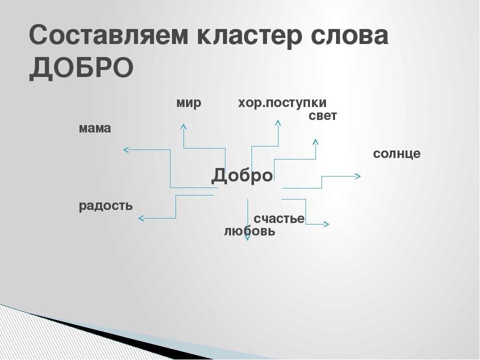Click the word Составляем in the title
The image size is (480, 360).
108,34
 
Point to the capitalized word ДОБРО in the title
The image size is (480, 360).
81,68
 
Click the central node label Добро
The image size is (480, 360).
242,175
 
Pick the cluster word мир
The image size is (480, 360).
188,103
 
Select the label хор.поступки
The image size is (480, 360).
282,103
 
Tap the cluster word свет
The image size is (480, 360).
322,116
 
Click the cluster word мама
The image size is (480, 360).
95,128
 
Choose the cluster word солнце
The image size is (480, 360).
396,153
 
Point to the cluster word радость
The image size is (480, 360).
105,206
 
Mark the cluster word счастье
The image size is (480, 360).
279,218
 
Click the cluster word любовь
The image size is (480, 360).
250,231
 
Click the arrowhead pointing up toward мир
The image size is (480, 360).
183,126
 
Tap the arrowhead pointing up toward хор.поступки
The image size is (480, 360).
278,122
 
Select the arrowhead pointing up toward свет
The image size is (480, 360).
315,141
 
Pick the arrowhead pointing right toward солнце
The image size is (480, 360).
358,176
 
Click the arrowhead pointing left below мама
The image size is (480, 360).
126,149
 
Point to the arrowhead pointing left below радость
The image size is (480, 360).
141,218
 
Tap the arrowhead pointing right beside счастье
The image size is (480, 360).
326,224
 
